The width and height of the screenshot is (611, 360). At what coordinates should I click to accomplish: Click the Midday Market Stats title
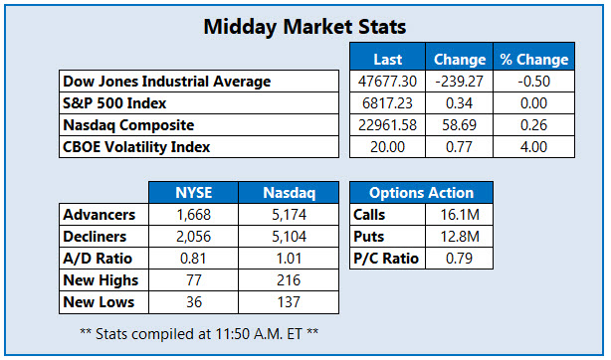[305, 26]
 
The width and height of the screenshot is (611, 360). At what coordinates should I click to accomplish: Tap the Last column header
[387, 59]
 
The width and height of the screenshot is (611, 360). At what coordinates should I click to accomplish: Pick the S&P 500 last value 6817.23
[387, 103]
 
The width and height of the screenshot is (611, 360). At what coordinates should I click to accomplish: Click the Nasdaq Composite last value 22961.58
[387, 126]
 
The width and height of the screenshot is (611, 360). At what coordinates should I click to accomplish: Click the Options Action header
[421, 193]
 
